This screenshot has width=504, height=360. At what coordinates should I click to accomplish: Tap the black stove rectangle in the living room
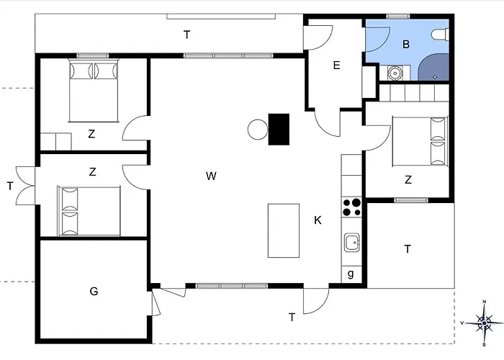(x=279, y=130)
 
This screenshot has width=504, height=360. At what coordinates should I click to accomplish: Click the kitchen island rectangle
(x=284, y=230)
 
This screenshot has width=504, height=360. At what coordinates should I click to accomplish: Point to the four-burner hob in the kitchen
(x=352, y=207)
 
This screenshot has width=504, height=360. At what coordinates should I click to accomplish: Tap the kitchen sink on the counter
(x=352, y=243)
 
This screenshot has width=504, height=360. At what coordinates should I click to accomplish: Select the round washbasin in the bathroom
(x=394, y=72)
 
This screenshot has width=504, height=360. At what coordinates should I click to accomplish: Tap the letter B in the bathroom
(x=406, y=45)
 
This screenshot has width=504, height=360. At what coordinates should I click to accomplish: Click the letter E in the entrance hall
(x=336, y=66)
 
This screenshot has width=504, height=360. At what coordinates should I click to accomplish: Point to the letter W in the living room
(x=210, y=176)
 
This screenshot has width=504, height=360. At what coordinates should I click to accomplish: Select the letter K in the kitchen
(x=318, y=220)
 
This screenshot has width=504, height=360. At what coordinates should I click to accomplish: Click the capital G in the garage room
(x=94, y=292)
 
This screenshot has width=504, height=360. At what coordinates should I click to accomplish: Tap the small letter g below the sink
(x=351, y=274)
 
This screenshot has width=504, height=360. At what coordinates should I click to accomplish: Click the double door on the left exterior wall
(x=26, y=185)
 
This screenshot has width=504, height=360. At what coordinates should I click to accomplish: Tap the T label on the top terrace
(x=186, y=34)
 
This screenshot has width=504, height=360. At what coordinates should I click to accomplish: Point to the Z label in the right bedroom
(x=408, y=180)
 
